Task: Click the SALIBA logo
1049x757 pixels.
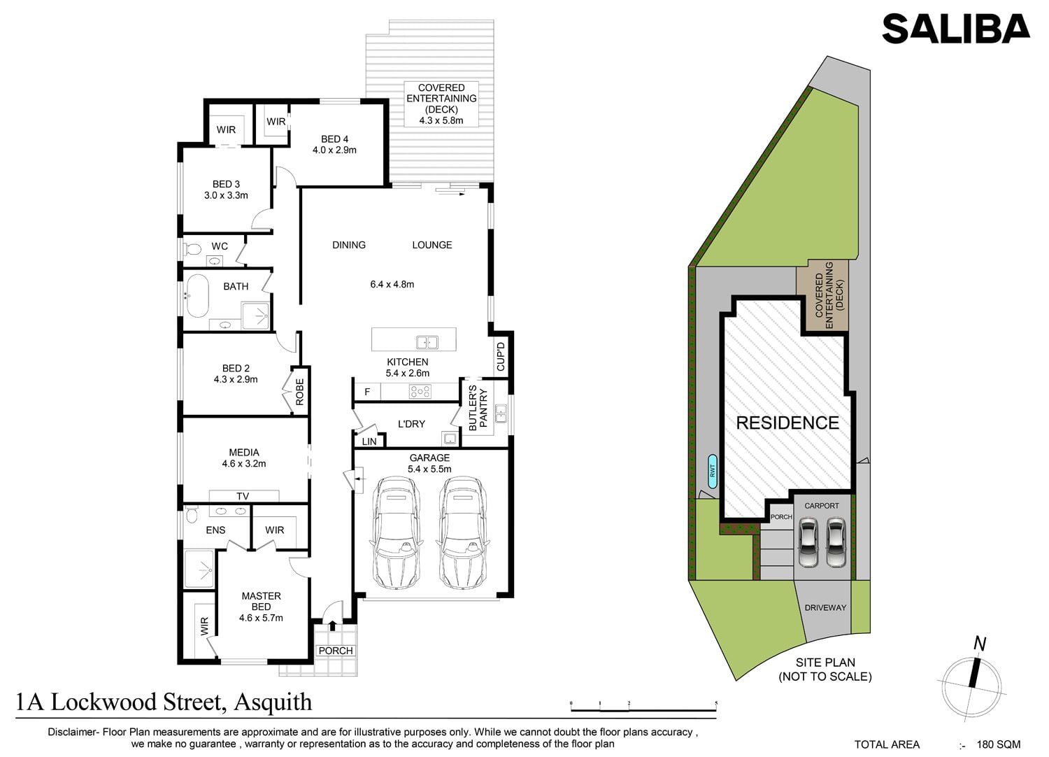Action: (x=956, y=29)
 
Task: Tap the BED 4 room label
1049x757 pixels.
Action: (x=334, y=139)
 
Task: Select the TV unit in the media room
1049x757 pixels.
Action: (x=244, y=496)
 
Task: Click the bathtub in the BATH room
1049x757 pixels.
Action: (x=198, y=296)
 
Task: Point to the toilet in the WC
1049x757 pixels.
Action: (x=192, y=248)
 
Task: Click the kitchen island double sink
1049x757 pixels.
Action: (x=427, y=342)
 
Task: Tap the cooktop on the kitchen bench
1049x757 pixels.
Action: (x=420, y=391)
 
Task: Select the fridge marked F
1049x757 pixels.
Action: (x=367, y=392)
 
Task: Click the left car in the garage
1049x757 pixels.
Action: (x=397, y=532)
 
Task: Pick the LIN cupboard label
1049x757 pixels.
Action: (x=369, y=441)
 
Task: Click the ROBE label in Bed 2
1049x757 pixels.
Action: (x=300, y=392)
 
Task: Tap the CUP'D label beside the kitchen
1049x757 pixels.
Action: (x=501, y=357)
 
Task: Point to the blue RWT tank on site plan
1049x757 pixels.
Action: (x=713, y=471)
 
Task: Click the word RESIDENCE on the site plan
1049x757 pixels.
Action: (x=787, y=423)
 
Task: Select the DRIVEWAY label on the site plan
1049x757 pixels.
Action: (x=825, y=607)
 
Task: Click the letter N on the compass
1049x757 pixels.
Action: (x=979, y=644)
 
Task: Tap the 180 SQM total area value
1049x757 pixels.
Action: (x=999, y=744)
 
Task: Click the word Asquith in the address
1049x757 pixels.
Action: (x=273, y=702)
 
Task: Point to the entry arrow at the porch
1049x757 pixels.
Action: (x=332, y=625)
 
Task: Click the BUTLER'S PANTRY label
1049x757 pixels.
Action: (x=478, y=408)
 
